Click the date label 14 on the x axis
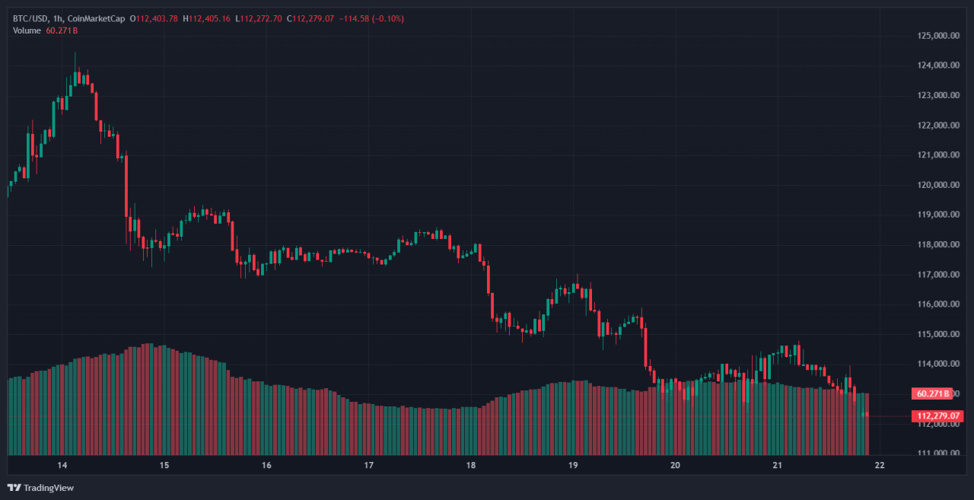[62, 466]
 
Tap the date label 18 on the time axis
[471, 466]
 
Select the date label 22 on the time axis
[880, 466]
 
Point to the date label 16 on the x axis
[266, 466]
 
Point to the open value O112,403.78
[154, 18]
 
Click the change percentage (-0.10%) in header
[388, 18]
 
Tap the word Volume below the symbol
[27, 30]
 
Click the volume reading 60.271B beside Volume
[62, 30]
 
